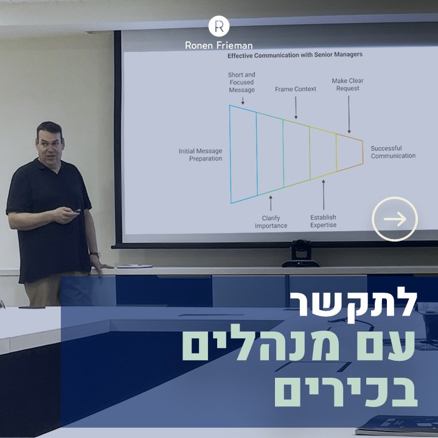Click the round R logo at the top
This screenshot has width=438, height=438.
(x=219, y=26)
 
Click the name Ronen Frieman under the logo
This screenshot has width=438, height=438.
(x=219, y=45)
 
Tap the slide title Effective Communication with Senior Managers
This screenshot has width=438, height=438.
(x=295, y=55)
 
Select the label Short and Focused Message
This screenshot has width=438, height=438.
(x=242, y=82)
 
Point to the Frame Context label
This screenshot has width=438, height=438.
(x=296, y=89)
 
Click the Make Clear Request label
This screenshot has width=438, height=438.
(x=348, y=85)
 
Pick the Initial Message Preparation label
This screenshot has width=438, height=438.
(x=201, y=155)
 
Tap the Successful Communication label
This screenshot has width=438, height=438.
(x=393, y=152)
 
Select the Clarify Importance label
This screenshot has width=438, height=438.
(x=271, y=222)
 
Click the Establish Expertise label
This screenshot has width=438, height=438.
(x=323, y=221)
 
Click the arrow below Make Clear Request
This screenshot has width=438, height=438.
(x=349, y=114)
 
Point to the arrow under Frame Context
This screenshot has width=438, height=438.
(x=296, y=108)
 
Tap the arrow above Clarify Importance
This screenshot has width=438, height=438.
(x=271, y=203)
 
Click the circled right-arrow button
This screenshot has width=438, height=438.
(x=395, y=219)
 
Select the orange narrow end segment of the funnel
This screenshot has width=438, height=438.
(x=350, y=153)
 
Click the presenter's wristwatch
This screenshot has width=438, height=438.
(x=95, y=254)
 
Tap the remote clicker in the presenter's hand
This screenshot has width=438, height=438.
(x=75, y=211)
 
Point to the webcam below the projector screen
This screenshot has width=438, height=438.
(x=301, y=254)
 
